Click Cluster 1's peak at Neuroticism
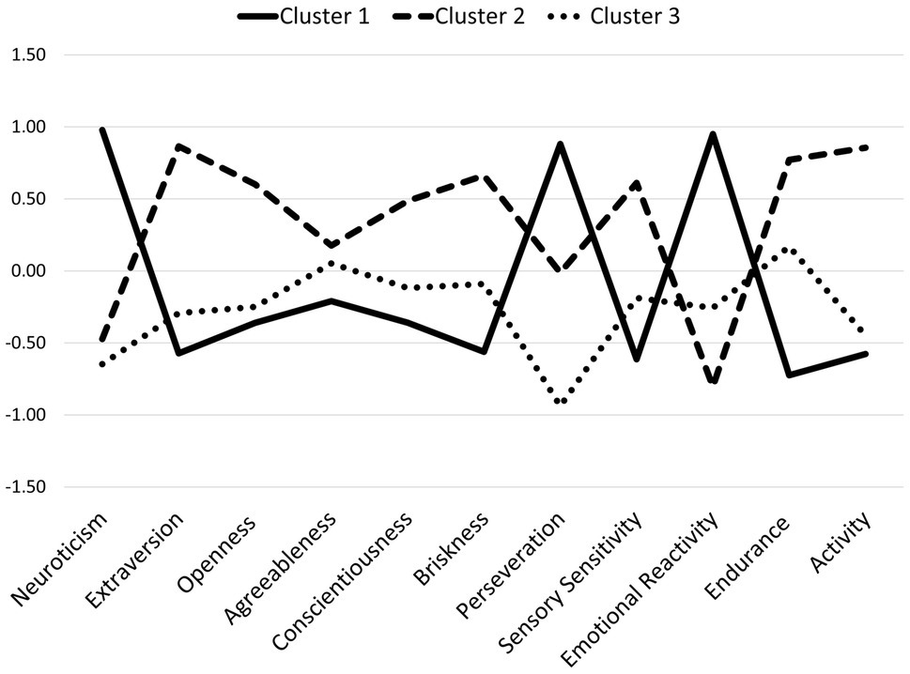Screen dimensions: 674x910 point(101,130)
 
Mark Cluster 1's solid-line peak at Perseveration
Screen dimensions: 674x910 point(561,144)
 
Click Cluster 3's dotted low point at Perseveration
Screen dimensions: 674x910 point(561,403)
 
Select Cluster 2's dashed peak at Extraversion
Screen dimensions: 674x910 point(178,146)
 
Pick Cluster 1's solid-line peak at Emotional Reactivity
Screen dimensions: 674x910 point(714,134)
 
